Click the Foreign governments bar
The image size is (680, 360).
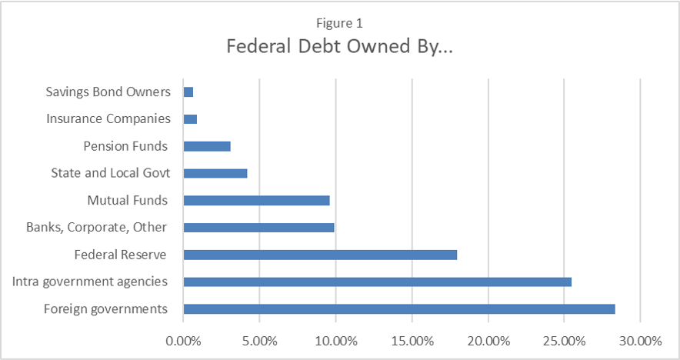click(399, 309)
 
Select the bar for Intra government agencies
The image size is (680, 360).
click(377, 282)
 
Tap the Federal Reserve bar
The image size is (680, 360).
click(320, 255)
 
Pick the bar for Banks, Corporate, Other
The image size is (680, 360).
click(258, 228)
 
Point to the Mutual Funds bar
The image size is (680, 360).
click(256, 200)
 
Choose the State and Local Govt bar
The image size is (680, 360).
click(215, 173)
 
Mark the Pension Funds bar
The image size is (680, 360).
click(207, 146)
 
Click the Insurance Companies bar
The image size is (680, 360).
click(190, 119)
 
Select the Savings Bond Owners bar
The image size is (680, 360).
click(188, 92)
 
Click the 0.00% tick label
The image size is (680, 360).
click(183, 339)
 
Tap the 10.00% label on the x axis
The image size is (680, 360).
click(335, 339)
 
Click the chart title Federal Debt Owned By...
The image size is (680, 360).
click(339, 46)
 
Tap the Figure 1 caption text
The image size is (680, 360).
click(339, 23)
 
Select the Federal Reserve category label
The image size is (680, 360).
click(121, 255)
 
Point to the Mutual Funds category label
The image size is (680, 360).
click(127, 200)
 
